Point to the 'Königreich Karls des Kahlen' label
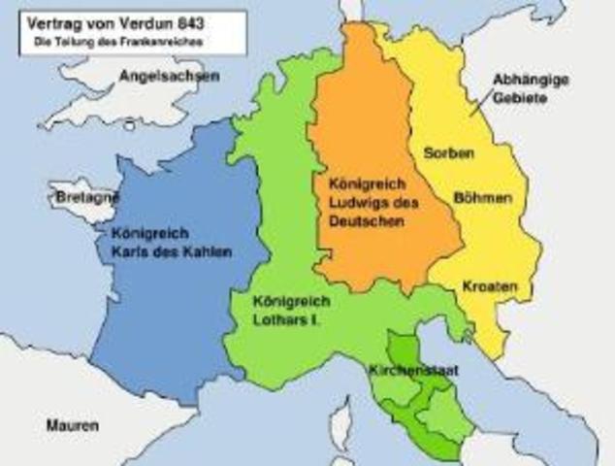click(171, 243)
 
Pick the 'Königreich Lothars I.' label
click(289, 309)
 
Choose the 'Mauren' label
click(73, 425)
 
